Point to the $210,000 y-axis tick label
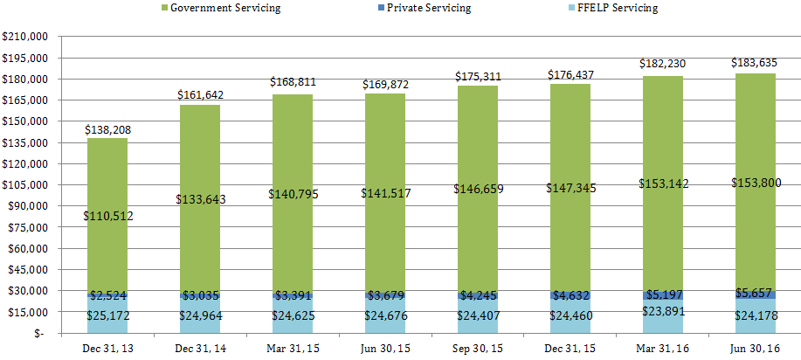25,38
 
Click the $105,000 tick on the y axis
25,185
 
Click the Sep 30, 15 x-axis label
477,347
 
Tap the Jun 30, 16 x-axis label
755,347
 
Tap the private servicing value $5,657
755,294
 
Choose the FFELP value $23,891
662,309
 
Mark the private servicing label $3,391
292,296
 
